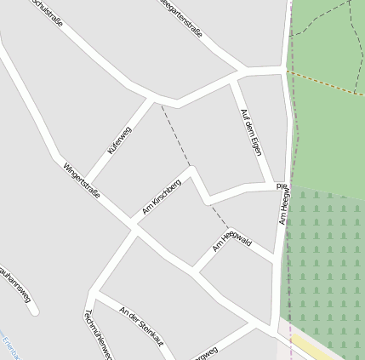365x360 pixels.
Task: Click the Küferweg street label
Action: pyautogui.click(x=120, y=140)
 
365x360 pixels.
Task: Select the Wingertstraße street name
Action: pyautogui.click(x=81, y=180)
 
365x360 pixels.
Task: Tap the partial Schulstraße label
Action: pyautogui.click(x=47, y=12)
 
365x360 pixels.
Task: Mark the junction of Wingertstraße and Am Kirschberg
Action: pyautogui.click(x=134, y=226)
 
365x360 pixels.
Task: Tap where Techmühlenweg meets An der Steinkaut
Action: pyautogui.click(x=91, y=294)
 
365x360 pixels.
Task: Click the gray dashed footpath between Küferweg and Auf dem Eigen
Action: pyautogui.click(x=183, y=145)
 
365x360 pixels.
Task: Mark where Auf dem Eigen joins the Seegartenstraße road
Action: pyautogui.click(x=233, y=77)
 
